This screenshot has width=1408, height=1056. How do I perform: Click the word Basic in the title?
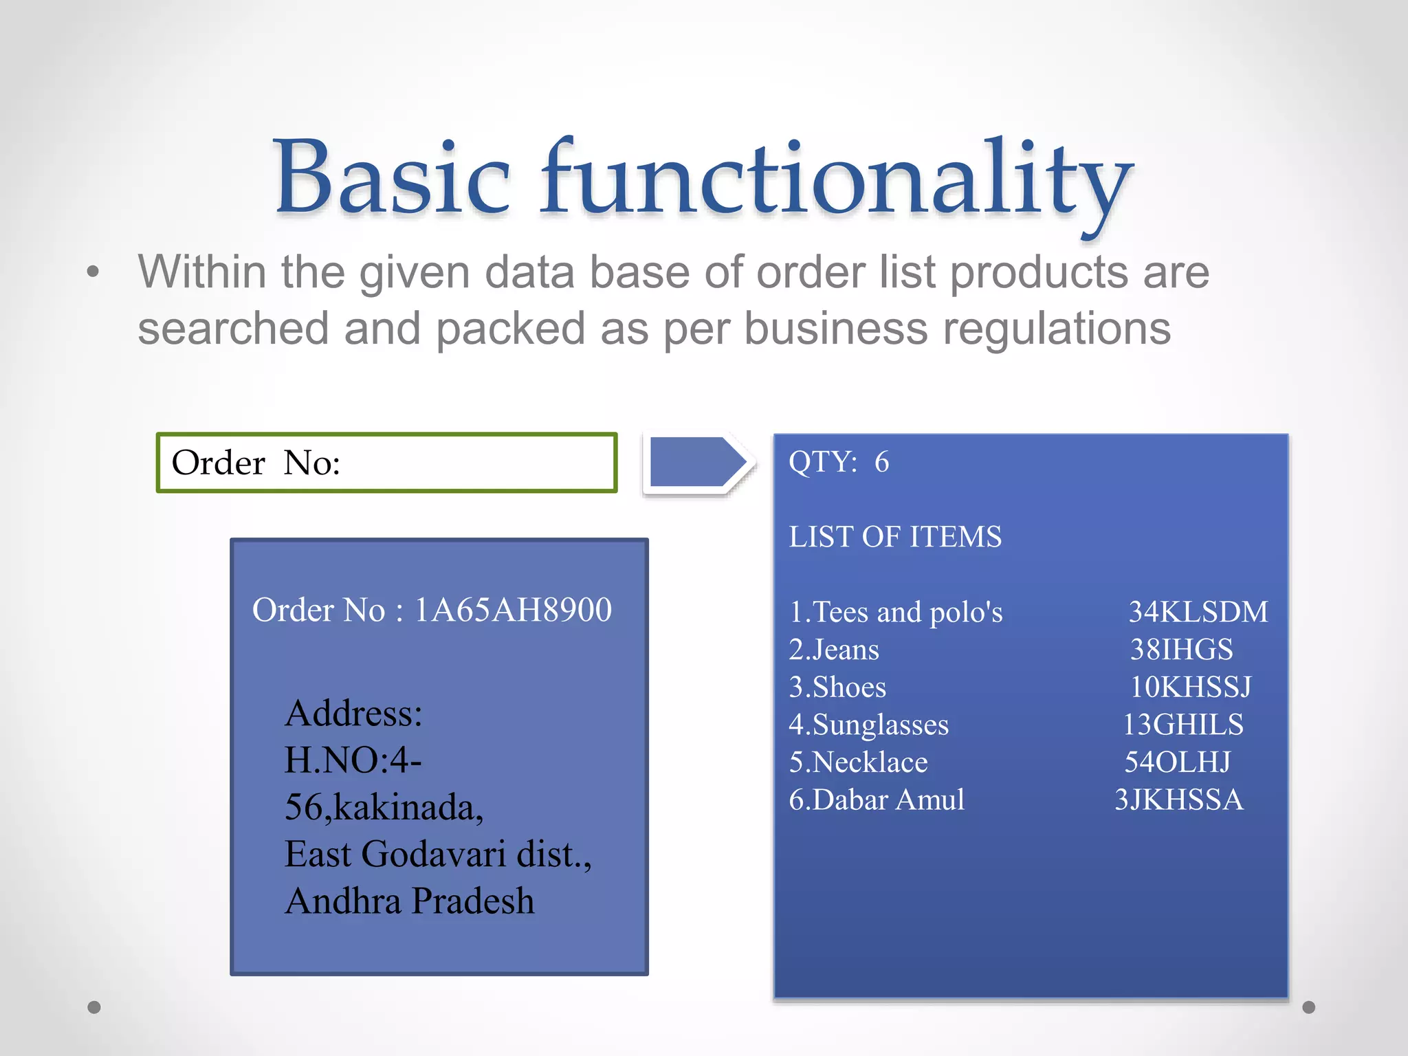[392, 177]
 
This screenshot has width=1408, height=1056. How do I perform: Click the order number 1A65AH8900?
[513, 610]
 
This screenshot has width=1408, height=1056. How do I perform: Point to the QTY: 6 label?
[839, 462]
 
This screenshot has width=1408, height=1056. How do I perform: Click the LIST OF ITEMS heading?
[895, 537]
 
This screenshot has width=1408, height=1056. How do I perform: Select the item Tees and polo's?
[896, 612]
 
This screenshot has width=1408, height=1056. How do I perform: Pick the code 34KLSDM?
[1198, 612]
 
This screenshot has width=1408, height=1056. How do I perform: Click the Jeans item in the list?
[835, 650]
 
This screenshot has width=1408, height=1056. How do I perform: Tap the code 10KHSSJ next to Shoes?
[1191, 687]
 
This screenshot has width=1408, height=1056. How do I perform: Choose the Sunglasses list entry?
[869, 725]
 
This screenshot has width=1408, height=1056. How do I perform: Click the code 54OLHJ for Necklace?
[1177, 762]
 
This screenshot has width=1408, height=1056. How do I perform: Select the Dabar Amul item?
[877, 800]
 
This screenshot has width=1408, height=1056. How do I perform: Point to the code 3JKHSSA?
[1178, 800]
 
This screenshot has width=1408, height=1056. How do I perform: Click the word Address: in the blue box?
[353, 713]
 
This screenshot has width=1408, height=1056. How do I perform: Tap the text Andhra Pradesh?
[410, 901]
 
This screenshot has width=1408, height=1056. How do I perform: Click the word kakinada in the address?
[408, 807]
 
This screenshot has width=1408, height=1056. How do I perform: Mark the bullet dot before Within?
[93, 272]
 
